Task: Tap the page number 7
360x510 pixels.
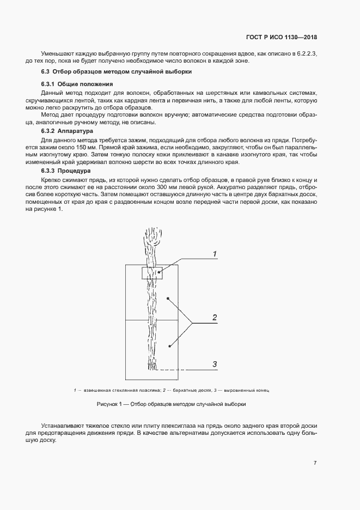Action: click(315, 463)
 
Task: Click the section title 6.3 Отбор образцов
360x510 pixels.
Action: click(116, 72)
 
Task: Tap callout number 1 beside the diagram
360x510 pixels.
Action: click(215, 254)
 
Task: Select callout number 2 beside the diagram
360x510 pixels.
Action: click(215, 317)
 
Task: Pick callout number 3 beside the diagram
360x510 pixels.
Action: click(215, 364)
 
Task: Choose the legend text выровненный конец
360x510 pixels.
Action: click(246, 390)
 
